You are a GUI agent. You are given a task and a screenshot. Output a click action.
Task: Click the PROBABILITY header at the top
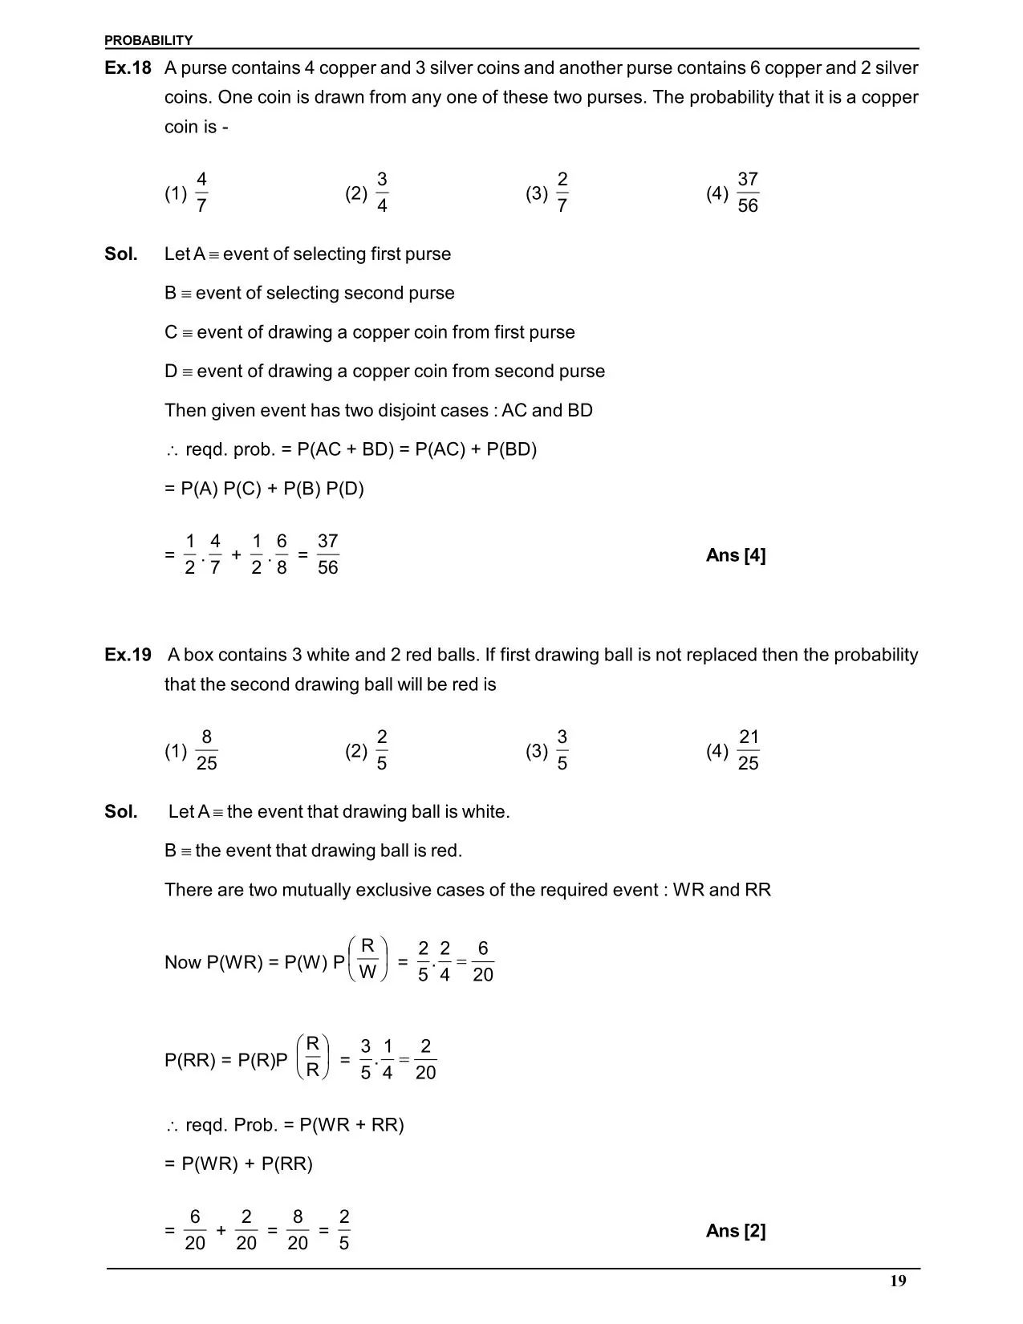coord(148,40)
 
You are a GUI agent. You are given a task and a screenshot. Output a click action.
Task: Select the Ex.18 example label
coord(128,68)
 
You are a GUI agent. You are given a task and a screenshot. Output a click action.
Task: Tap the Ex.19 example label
coord(128,655)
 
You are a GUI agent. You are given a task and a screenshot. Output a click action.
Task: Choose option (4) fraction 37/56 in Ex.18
coord(747,193)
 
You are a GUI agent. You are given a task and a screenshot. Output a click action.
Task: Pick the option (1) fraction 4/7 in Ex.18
coord(201,193)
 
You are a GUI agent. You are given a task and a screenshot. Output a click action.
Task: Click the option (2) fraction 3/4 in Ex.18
coord(382,193)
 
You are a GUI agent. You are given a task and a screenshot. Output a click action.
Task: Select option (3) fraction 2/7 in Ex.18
coord(562,193)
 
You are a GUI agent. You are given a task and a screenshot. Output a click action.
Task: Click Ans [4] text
coord(736,555)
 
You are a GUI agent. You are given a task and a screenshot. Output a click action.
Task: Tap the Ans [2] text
coord(736,1231)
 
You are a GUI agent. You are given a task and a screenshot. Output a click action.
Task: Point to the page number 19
coord(898,1281)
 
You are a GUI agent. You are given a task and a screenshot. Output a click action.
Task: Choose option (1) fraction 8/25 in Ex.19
coord(206,750)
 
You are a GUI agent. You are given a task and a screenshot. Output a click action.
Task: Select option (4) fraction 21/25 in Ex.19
coord(748,750)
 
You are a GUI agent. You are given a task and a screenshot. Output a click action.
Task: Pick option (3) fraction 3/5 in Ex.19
coord(562,750)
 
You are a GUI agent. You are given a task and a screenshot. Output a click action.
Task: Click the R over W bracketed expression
coord(368,959)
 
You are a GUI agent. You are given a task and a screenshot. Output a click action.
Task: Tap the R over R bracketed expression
coord(313,1057)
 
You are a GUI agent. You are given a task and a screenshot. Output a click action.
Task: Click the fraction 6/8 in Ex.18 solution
coord(282,554)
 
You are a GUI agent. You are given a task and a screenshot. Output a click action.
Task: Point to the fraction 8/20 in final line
coord(298,1230)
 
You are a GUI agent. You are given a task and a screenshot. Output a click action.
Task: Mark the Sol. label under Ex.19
coord(121,812)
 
